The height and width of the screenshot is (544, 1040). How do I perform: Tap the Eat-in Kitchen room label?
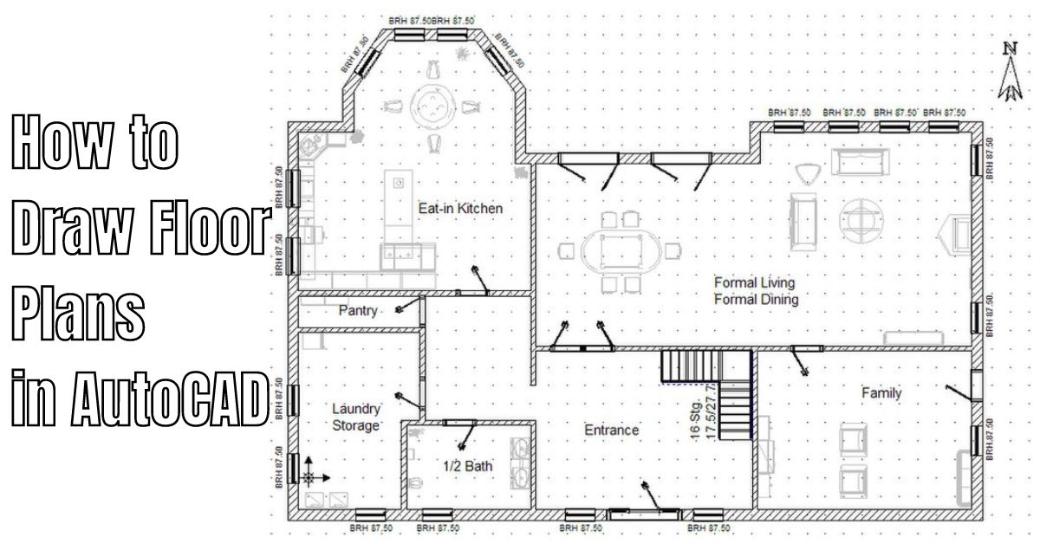(460, 208)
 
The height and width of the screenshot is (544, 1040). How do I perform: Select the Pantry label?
(357, 310)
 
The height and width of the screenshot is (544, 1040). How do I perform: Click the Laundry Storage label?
(355, 417)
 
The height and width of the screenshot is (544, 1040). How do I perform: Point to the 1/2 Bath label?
(468, 466)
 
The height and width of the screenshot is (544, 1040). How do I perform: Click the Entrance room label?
(611, 430)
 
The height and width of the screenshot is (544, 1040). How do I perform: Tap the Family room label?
(881, 393)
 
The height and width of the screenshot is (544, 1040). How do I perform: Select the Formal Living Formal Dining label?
(755, 291)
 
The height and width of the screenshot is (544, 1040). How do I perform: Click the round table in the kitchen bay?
(432, 107)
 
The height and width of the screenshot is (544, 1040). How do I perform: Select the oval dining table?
(617, 251)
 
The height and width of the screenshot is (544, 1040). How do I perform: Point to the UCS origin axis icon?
(311, 476)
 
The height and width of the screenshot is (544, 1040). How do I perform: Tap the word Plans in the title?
(77, 314)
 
